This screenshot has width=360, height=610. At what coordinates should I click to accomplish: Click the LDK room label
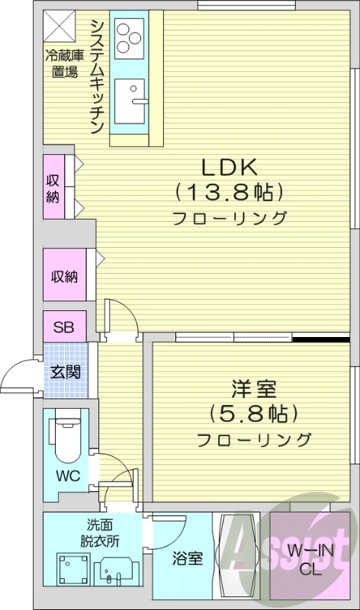(229, 165)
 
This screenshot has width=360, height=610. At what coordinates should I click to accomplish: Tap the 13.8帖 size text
(229, 191)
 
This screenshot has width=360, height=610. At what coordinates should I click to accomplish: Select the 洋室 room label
(253, 388)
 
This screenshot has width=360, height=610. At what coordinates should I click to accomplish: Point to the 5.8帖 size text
(253, 414)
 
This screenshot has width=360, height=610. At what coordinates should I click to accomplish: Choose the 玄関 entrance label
(64, 373)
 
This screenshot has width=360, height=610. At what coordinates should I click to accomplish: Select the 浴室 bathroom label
(185, 558)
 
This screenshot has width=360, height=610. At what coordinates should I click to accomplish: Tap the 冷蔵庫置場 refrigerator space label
(60, 63)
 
